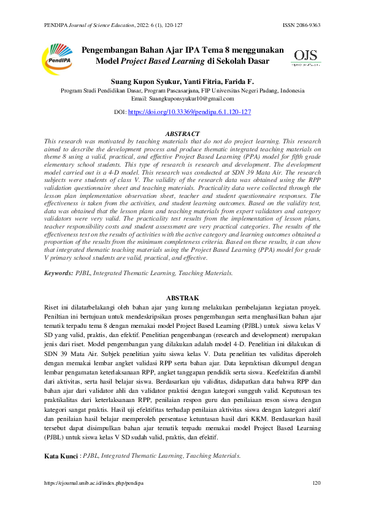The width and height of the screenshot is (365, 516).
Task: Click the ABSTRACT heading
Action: click(x=183, y=134)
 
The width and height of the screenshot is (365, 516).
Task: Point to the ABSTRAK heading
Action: click(x=183, y=298)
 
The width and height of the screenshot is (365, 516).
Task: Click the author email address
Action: click(x=191, y=98)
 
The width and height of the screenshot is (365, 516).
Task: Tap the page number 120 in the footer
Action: click(x=317, y=484)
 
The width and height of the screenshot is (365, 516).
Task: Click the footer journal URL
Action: click(x=93, y=484)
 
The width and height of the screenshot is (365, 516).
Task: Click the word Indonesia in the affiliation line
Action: click(x=287, y=90)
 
